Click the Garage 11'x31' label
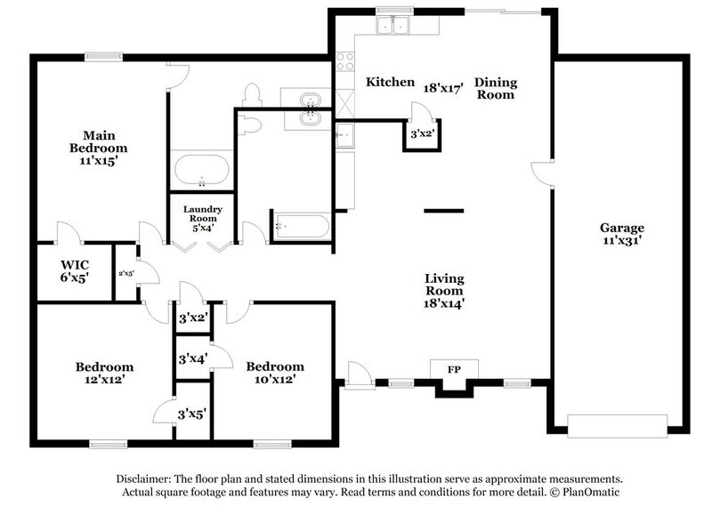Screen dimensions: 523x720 point(622,233)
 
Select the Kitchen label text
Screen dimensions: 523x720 point(391,83)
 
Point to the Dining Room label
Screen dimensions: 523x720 point(495,88)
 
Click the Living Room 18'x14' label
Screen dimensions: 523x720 point(444,290)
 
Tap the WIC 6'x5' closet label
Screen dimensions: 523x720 point(76,271)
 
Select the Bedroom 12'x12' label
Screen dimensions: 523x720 point(104,373)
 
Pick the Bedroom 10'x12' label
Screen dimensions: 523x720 point(275,373)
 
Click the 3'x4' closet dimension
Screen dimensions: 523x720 point(193,359)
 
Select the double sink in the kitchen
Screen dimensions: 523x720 point(392,25)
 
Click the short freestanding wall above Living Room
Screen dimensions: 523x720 point(443,211)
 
